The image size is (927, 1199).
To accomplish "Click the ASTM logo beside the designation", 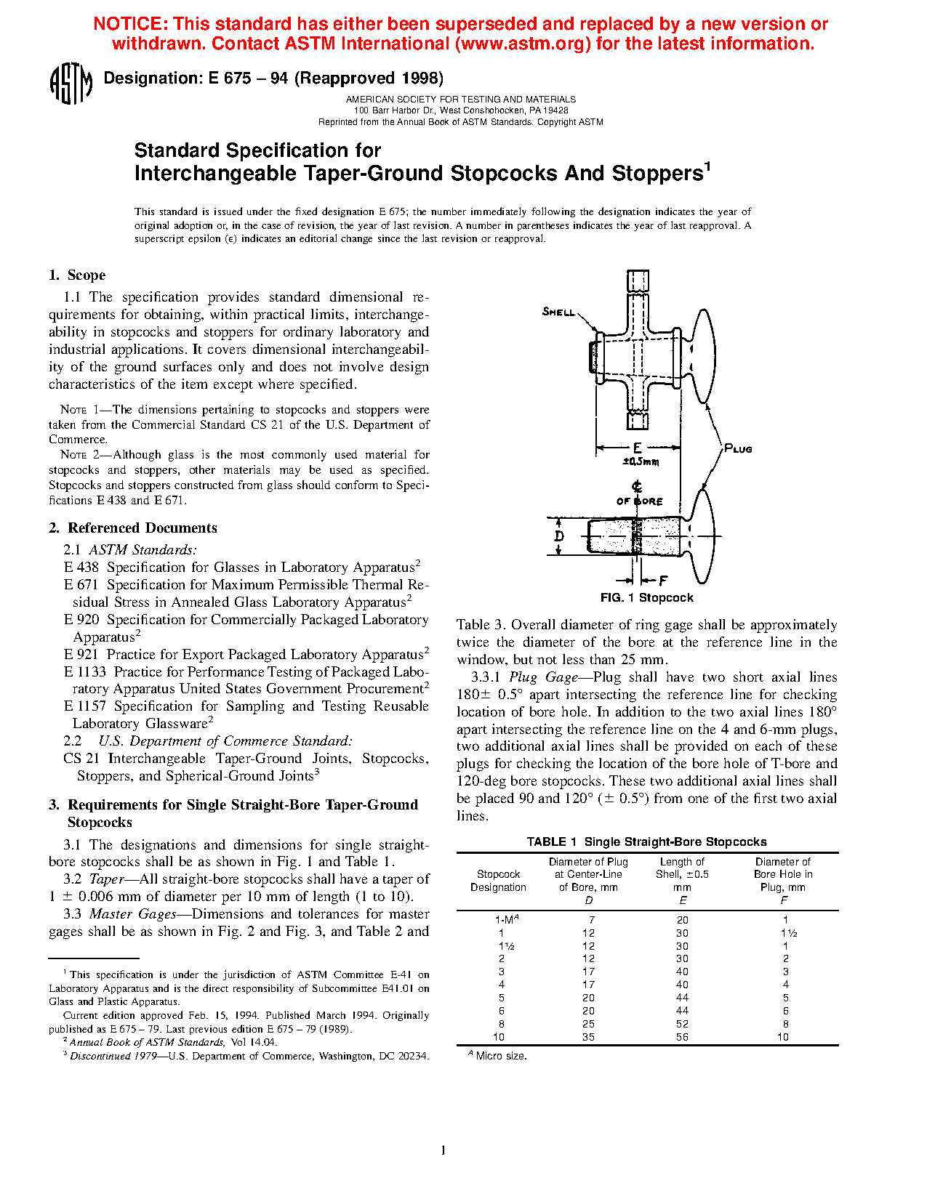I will (x=71, y=84).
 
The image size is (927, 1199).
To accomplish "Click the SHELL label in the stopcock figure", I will (x=558, y=312).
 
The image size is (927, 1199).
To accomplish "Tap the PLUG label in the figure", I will (x=738, y=449).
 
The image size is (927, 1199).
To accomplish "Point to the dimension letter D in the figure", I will (x=559, y=537).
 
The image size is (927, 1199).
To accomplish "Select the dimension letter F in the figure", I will (x=663, y=581).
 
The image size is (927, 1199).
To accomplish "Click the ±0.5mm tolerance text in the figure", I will (x=641, y=461).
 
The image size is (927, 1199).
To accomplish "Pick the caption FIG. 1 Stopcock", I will (x=646, y=598).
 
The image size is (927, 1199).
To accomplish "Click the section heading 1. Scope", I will (x=77, y=275).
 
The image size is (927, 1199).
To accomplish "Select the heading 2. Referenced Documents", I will (x=133, y=528).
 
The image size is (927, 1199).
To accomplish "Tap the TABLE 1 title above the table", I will (x=646, y=841).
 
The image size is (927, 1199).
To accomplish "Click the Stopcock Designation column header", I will (x=498, y=881).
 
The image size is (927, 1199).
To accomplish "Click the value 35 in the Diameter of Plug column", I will (x=588, y=1037).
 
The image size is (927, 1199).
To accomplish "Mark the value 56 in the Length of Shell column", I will (x=682, y=1037).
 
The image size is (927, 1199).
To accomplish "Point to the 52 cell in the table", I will (x=682, y=1024).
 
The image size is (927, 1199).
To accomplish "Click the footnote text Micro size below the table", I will (x=501, y=1056).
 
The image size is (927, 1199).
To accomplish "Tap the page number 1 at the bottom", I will (x=444, y=1150).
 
